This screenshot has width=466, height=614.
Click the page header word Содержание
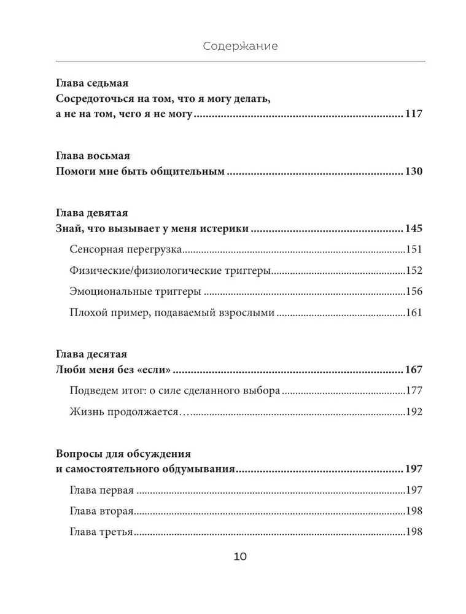[x=240, y=46]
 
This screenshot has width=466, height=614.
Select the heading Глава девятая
[x=91, y=213]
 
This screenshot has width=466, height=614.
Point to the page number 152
[x=414, y=271]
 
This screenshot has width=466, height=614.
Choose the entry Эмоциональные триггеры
[x=136, y=292]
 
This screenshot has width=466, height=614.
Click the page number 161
[x=414, y=313]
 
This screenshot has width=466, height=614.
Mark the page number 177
[x=414, y=391]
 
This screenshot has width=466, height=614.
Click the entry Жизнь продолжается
[x=125, y=411]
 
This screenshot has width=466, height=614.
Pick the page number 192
[x=414, y=411]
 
